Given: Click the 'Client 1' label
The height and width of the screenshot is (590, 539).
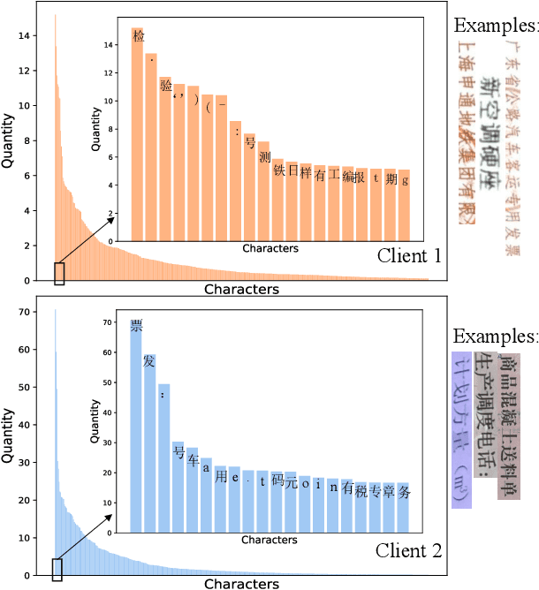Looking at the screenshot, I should [x=409, y=256].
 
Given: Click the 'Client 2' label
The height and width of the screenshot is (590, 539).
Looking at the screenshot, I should [x=409, y=550].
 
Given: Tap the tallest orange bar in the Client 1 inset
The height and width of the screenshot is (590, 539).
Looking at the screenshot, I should [x=138, y=132].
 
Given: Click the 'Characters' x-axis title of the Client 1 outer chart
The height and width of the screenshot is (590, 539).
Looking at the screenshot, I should [x=241, y=289].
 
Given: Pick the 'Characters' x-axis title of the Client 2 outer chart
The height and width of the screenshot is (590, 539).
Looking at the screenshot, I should [x=241, y=584].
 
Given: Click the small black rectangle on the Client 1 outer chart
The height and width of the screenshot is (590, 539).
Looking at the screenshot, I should [x=59, y=274].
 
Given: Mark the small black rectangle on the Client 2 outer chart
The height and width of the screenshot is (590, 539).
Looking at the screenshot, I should [x=57, y=570].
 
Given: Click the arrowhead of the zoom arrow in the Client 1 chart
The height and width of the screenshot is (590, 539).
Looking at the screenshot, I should [x=113, y=217].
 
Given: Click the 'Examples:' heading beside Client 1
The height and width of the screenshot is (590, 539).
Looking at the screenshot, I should [x=495, y=25].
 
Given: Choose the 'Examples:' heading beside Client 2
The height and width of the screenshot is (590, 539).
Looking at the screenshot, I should [x=495, y=337].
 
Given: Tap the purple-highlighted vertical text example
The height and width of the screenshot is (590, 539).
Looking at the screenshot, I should [x=461, y=430].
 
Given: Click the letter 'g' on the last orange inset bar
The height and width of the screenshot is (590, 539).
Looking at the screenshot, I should [x=405, y=180].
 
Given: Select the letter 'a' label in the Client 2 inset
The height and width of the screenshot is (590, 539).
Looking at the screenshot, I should [x=207, y=468].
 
